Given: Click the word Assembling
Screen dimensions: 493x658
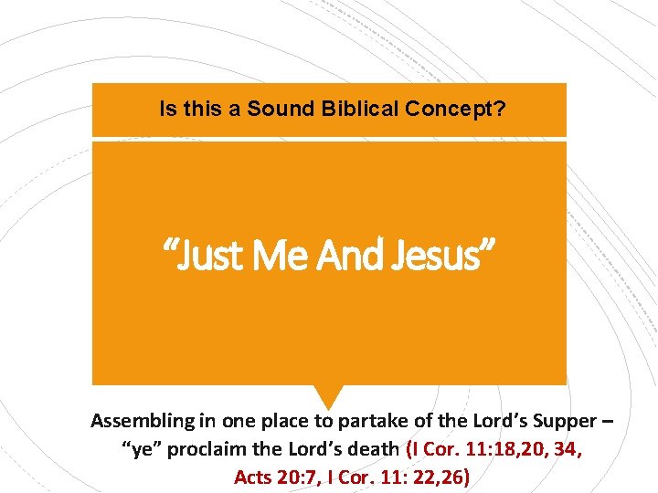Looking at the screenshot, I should pyautogui.click(x=143, y=422).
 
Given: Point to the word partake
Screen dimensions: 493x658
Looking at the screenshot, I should pyautogui.click(x=366, y=422).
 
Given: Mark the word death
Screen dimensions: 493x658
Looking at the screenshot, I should pyautogui.click(x=371, y=449).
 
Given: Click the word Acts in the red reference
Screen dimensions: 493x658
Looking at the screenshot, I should pyautogui.click(x=254, y=477).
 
